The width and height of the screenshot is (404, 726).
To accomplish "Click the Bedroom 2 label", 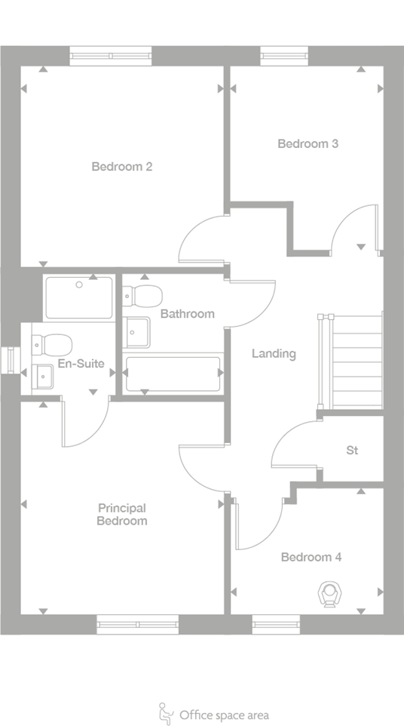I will click(x=122, y=167).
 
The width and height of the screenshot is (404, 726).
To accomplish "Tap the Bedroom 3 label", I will click(x=308, y=144).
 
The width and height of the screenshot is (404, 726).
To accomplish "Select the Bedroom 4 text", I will click(x=311, y=558).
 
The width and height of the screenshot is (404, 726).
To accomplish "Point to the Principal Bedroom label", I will click(x=122, y=515).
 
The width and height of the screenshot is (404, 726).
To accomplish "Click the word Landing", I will click(x=274, y=353).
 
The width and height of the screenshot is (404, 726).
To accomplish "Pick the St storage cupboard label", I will click(x=352, y=451).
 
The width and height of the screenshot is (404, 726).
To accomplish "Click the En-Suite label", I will click(x=80, y=364).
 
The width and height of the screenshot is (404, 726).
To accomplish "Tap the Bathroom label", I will click(x=187, y=313).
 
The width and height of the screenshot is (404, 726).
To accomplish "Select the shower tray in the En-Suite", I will click(x=78, y=297).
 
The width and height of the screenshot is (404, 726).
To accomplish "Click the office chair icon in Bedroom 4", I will click(x=329, y=594).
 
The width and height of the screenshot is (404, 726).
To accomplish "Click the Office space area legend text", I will click(x=224, y=715).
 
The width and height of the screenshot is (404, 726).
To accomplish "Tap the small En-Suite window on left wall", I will click(x=11, y=359).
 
